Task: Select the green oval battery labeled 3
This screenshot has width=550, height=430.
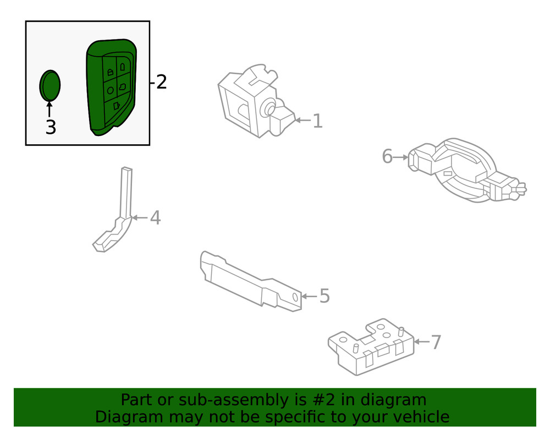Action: (50, 86)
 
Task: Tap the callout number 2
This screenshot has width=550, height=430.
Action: (161, 83)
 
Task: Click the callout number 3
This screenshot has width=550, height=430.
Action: (50, 128)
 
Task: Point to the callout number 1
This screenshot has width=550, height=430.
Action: (317, 121)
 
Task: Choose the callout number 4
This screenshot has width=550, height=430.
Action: (155, 218)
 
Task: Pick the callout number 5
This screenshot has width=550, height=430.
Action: (324, 296)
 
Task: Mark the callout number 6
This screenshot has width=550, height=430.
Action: (387, 157)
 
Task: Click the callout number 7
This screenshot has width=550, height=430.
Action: (436, 342)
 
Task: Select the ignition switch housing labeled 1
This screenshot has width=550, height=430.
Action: (250, 102)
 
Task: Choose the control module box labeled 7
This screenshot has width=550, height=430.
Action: (371, 347)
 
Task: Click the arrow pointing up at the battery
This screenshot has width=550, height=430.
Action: (50, 109)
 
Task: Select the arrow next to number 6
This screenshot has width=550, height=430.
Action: (402, 157)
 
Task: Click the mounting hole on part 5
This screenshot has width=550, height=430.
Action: (295, 298)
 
